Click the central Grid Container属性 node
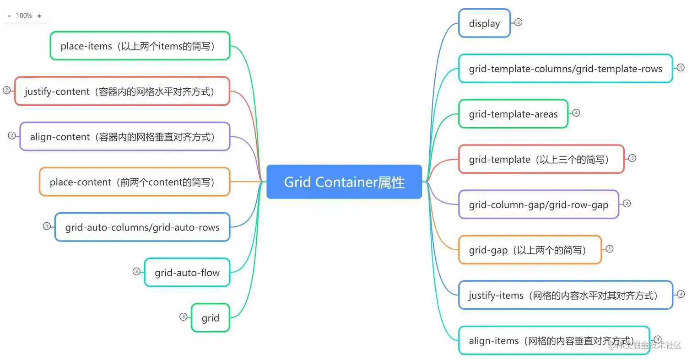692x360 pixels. [x=344, y=182]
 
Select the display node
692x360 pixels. [x=484, y=23]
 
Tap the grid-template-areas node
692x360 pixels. [x=513, y=114]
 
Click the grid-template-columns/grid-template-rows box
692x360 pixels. [x=565, y=69]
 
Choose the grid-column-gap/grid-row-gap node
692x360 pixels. [x=538, y=204]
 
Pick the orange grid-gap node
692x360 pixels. [x=530, y=250]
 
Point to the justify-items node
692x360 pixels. [x=565, y=295]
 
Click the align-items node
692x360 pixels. [x=553, y=340]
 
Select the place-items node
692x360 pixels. [x=140, y=46]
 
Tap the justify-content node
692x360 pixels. [x=122, y=91]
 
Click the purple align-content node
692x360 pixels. [x=124, y=136]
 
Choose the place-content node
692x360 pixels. [x=134, y=182]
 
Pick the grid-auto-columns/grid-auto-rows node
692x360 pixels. [x=142, y=227]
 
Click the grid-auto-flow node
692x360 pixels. [x=187, y=273]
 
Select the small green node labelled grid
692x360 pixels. [x=210, y=318]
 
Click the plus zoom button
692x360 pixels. [x=39, y=16]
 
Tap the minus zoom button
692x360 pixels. [x=9, y=16]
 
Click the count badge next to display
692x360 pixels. [x=518, y=22]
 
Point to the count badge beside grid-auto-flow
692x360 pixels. [x=136, y=271]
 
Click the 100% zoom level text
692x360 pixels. [x=24, y=16]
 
